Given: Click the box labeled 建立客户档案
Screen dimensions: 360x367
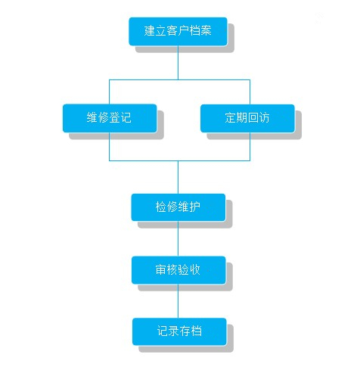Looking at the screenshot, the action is click(x=178, y=32).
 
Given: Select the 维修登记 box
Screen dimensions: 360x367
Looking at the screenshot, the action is click(x=110, y=118).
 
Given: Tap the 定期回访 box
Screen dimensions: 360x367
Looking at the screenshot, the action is click(x=247, y=118).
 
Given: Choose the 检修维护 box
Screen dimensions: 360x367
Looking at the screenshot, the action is click(x=178, y=207).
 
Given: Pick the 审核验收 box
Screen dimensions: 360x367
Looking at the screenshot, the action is click(x=178, y=270).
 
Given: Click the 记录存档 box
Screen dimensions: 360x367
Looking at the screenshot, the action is click(x=179, y=331).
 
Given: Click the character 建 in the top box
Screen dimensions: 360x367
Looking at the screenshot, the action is click(x=149, y=30).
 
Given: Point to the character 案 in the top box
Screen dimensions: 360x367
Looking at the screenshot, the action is click(x=206, y=30).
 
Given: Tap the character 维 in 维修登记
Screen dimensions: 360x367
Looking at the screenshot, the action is click(x=92, y=117).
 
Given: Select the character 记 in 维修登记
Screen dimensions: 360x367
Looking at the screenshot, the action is click(x=126, y=117).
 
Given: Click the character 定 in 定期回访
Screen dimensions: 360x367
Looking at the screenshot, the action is click(x=230, y=117).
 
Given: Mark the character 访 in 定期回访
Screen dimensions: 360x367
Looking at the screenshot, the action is click(x=264, y=117).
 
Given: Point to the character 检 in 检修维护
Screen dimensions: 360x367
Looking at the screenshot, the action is click(x=161, y=207).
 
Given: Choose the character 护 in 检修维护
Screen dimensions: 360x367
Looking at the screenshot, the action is click(x=195, y=207).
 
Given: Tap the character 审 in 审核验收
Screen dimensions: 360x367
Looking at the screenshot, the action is click(x=161, y=269).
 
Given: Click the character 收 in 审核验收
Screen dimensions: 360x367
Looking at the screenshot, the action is click(x=195, y=269).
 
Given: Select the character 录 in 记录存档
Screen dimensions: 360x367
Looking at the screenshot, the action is click(x=174, y=331).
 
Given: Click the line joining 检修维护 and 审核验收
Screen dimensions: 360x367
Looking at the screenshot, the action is click(x=178, y=238).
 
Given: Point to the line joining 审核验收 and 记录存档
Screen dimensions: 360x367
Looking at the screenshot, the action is click(x=178, y=301).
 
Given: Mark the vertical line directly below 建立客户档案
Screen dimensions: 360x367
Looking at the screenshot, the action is click(x=178, y=63).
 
